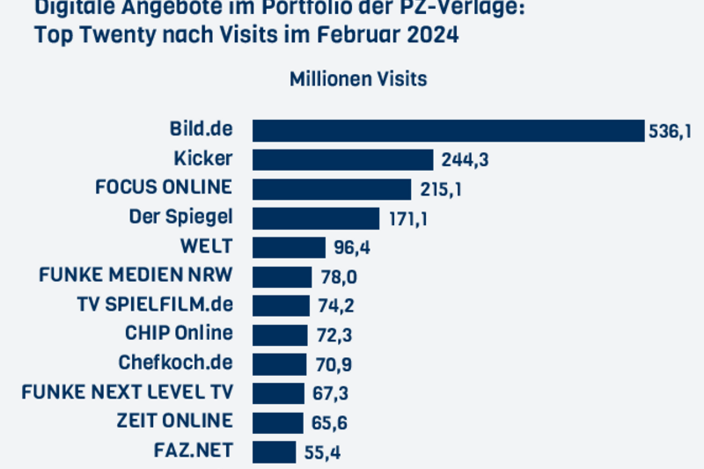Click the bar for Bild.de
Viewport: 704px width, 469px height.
(449, 130)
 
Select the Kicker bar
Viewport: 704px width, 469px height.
(343, 159)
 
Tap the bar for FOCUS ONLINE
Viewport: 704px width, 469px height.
(332, 188)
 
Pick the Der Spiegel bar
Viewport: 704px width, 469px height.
(316, 217)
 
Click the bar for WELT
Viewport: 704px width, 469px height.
(290, 246)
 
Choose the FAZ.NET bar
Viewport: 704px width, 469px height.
(275, 451)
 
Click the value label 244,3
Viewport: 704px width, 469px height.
(458, 160)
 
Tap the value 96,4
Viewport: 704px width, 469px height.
(351, 247)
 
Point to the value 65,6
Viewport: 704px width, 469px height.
(328, 422)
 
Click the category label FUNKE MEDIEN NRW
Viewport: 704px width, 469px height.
(136, 275)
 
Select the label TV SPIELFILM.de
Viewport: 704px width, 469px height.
(155, 304)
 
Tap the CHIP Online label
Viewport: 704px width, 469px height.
(179, 333)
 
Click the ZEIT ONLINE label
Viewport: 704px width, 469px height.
(174, 421)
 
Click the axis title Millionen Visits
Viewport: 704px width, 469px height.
(358, 79)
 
